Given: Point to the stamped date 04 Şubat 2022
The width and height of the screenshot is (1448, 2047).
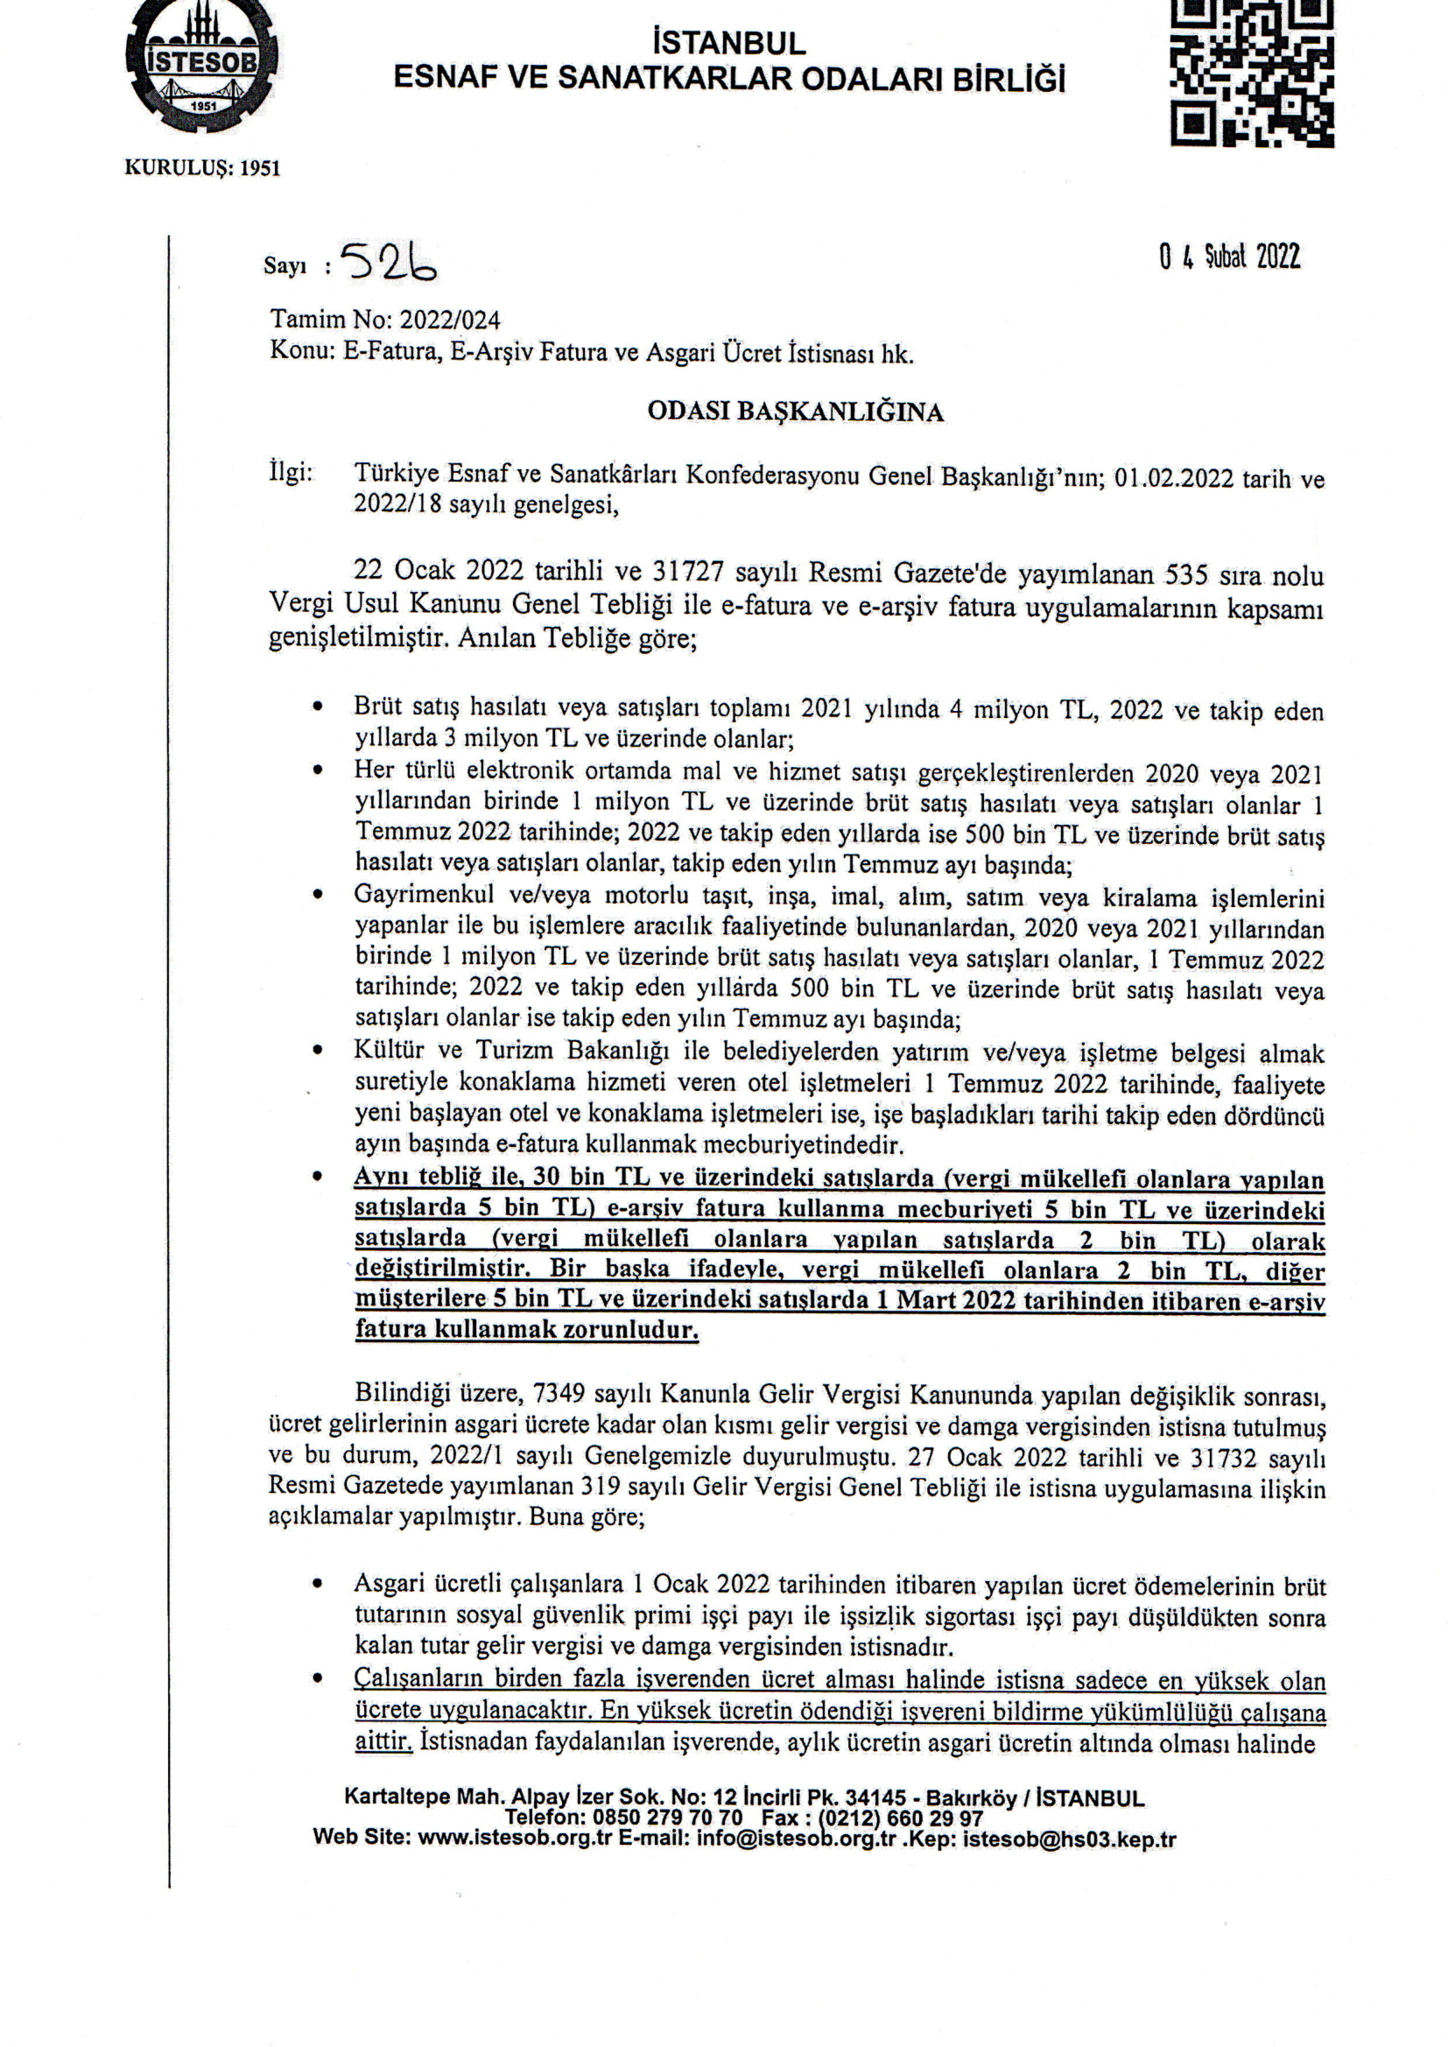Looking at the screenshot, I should [x=1229, y=257].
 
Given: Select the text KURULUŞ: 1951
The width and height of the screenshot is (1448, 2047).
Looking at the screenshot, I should [x=201, y=167].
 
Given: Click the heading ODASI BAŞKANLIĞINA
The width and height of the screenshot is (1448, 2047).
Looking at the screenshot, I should [x=794, y=412].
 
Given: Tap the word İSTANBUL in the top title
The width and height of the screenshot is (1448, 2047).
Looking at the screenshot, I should [x=728, y=43].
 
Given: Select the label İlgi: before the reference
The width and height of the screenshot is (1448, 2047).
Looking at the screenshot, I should [x=291, y=473].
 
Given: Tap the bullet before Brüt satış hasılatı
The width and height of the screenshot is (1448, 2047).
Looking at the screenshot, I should [x=318, y=707].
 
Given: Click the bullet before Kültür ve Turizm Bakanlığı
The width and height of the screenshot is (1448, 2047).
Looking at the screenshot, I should [x=318, y=1052].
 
